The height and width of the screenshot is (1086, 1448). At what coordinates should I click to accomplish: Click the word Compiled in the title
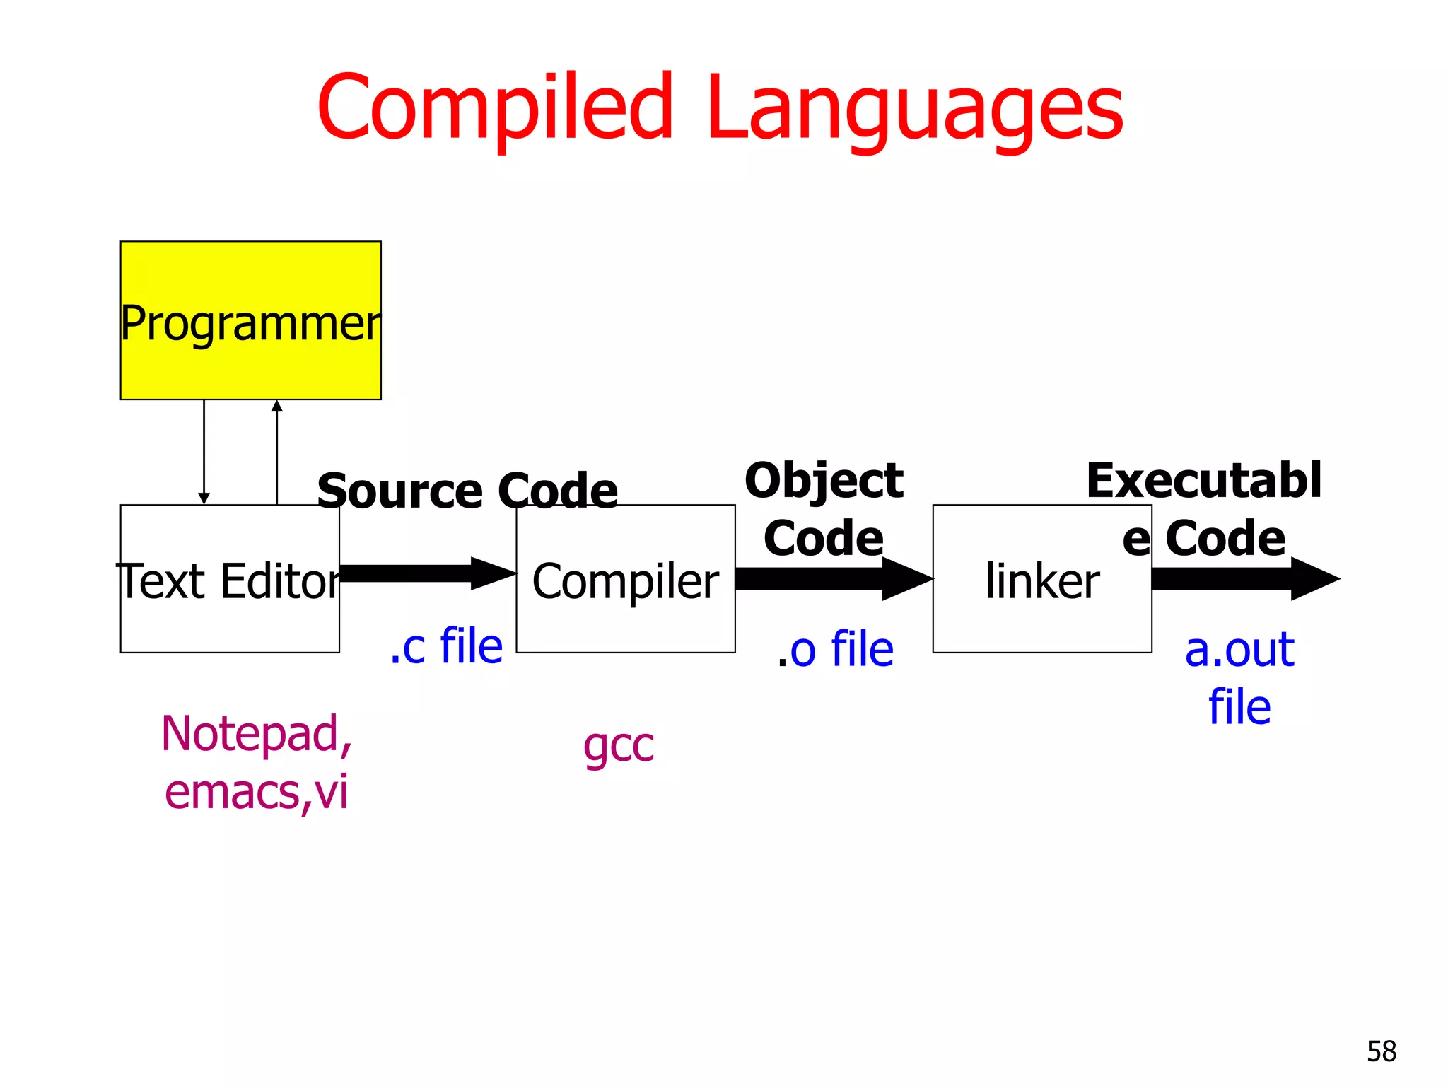click(495, 107)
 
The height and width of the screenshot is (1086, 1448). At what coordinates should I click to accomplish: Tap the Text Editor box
click(229, 615)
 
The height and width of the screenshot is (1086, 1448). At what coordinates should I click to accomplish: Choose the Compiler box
click(625, 615)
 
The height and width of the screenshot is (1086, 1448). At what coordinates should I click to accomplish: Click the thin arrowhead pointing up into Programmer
click(276, 406)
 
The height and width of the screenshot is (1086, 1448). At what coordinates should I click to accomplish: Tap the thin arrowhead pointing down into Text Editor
click(204, 498)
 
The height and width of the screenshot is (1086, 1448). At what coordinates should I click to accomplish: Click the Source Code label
click(467, 491)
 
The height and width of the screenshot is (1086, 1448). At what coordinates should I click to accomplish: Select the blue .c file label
click(446, 646)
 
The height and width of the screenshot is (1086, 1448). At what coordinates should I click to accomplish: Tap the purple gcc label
click(619, 746)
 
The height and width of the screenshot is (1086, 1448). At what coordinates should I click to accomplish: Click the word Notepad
click(255, 734)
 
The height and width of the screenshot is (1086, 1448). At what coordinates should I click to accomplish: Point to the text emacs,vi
click(256, 792)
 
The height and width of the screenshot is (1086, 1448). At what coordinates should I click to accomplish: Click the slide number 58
click(1381, 1051)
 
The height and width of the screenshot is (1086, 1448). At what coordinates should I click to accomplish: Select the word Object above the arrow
click(824, 481)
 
